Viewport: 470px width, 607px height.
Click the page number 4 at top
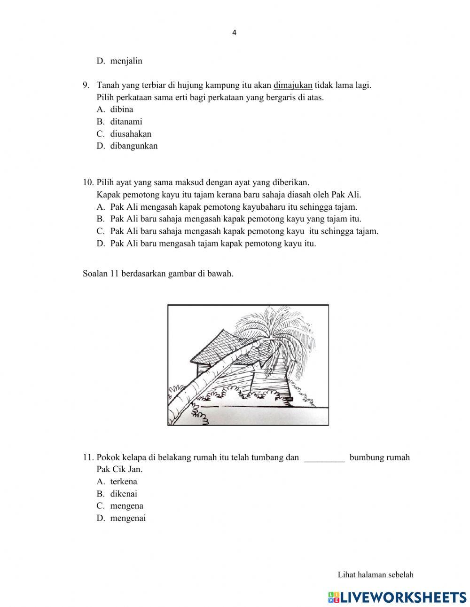235,33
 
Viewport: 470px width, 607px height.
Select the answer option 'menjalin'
126,61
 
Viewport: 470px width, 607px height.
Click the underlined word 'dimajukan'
293,85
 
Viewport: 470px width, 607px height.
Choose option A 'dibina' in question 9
122,109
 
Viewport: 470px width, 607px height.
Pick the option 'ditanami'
126,121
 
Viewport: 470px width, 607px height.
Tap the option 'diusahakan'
131,134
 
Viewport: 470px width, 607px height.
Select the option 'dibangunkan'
134,146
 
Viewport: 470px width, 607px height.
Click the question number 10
88,182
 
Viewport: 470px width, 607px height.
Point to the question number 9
86,85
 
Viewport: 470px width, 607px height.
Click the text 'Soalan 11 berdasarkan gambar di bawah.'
158,274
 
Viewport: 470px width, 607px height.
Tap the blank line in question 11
324,457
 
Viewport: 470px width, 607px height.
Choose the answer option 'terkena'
124,481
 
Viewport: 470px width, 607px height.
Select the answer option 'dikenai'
124,494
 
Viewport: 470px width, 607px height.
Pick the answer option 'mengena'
127,506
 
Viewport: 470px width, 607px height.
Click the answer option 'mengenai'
128,518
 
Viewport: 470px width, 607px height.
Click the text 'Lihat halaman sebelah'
376,575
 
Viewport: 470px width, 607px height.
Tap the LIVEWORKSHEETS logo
397,597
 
